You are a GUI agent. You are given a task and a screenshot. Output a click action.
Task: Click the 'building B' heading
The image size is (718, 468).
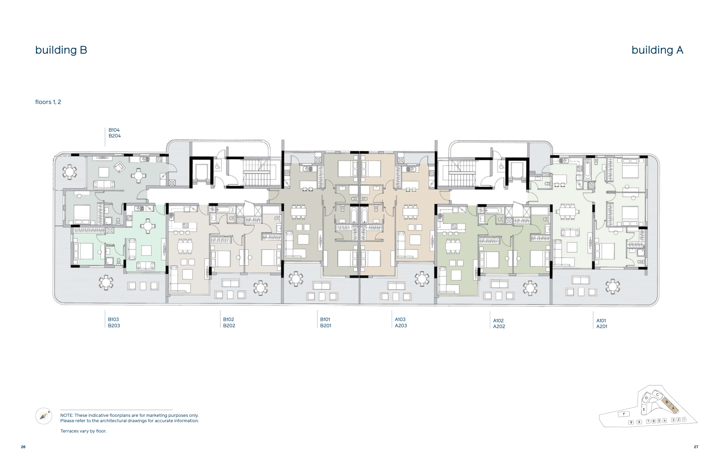click(61, 50)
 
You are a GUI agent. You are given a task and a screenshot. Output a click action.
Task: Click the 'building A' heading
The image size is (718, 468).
click(657, 50)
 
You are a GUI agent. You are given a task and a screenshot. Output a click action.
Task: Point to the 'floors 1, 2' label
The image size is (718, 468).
click(48, 102)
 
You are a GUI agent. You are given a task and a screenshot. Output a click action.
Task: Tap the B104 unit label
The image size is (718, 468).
click(114, 130)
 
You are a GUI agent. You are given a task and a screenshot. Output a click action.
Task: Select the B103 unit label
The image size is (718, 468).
click(114, 319)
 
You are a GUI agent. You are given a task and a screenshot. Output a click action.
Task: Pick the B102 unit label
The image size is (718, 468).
click(229, 319)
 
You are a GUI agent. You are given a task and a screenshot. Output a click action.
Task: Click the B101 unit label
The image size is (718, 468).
click(325, 319)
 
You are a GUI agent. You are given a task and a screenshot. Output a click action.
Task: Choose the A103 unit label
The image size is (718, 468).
click(400, 319)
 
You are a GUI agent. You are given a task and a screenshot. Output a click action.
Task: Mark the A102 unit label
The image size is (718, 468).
click(498, 321)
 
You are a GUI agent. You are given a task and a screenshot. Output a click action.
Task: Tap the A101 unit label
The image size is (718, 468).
click(601, 321)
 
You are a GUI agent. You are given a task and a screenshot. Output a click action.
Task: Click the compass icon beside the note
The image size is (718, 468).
click(44, 416)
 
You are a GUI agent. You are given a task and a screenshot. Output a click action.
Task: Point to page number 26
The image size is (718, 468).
click(23, 447)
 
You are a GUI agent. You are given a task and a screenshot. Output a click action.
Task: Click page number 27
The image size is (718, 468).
click(696, 447)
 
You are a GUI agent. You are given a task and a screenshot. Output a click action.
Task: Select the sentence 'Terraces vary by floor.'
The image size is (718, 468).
click(83, 431)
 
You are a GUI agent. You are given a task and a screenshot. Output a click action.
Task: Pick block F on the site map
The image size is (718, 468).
click(624, 414)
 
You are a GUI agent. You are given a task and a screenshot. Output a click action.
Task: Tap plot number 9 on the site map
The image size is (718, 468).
click(631, 422)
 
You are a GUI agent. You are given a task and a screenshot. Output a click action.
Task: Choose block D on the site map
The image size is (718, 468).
click(646, 398)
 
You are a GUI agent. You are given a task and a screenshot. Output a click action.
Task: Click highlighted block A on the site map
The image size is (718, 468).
click(673, 408)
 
